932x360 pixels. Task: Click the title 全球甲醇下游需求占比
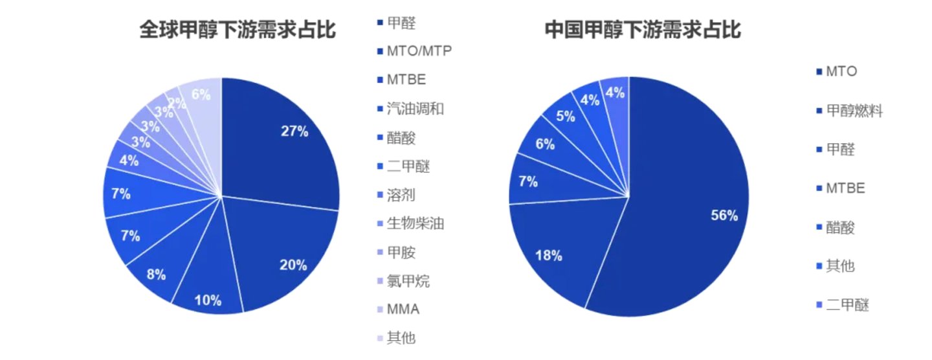[238, 30]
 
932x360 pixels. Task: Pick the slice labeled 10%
[209, 291]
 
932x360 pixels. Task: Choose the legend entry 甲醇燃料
[854, 111]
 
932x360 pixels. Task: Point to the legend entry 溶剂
[401, 195]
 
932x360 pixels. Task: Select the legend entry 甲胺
[401, 253]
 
